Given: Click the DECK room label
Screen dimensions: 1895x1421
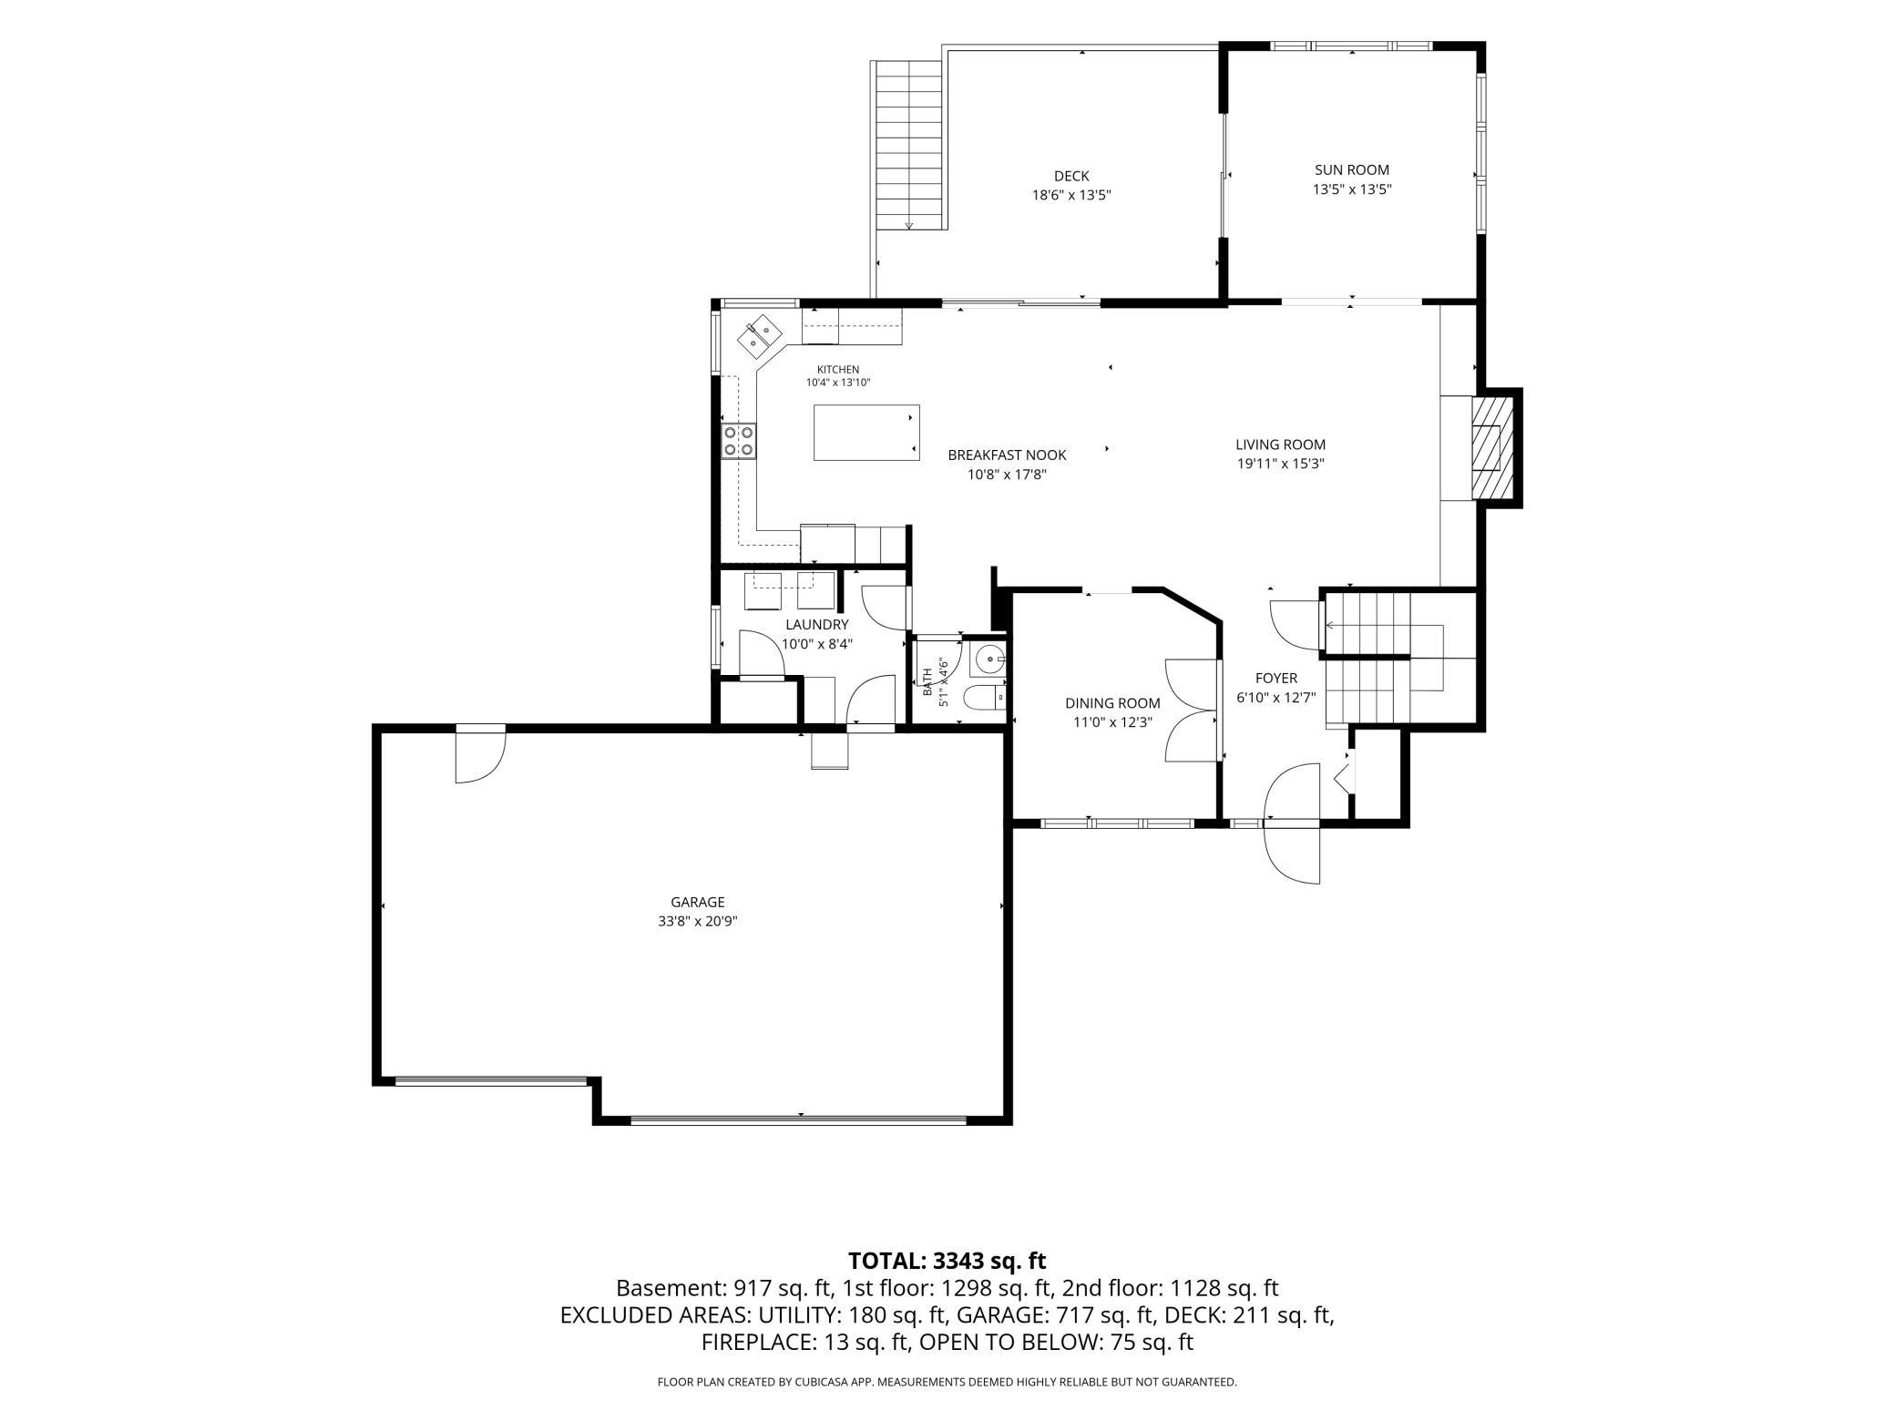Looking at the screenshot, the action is (x=1071, y=176).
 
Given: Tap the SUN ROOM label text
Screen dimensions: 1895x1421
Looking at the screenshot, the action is (x=1352, y=169).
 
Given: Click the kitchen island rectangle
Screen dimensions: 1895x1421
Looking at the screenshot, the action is (x=866, y=433).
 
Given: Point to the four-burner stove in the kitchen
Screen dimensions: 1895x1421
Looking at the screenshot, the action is (x=739, y=441).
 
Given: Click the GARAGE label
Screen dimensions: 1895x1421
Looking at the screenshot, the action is (x=698, y=902).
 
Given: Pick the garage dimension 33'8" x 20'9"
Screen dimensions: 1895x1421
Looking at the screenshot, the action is (x=698, y=921).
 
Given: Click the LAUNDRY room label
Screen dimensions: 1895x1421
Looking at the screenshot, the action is (x=817, y=625).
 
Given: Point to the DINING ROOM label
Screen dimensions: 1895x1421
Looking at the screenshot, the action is (x=1112, y=703).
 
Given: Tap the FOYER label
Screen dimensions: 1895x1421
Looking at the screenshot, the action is (x=1276, y=679).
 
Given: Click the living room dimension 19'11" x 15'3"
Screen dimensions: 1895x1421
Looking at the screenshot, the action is (x=1280, y=463).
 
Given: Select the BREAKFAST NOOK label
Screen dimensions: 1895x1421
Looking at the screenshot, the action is (x=1007, y=455).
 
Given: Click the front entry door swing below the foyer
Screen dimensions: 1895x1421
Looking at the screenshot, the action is (x=1292, y=824).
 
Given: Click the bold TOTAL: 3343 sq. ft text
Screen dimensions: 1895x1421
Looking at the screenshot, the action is (x=947, y=1261).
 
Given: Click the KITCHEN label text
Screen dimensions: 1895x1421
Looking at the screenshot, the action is (x=837, y=369).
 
